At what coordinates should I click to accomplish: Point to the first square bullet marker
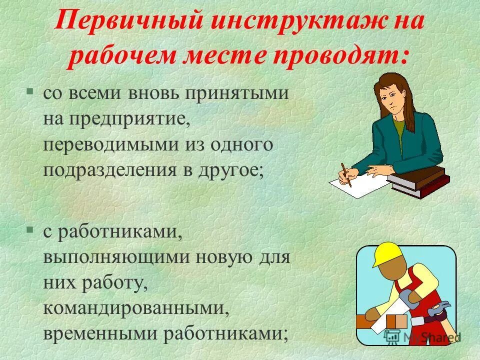(x=30, y=91)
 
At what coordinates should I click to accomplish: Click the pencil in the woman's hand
(x=346, y=174)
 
